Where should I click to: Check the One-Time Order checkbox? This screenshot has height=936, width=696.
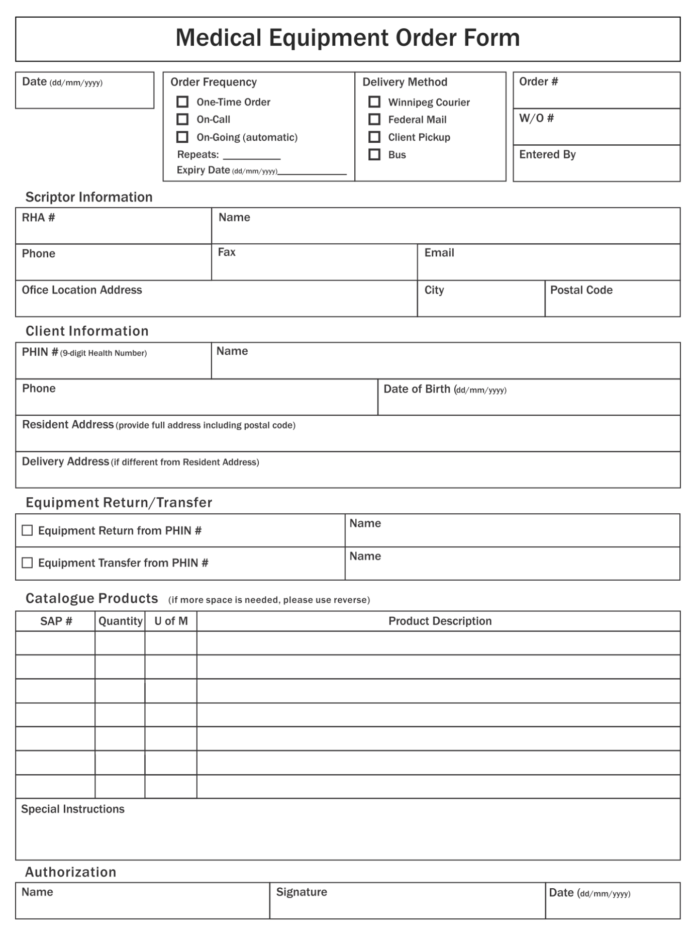click(x=182, y=102)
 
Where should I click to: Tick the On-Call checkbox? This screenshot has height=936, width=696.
click(x=182, y=120)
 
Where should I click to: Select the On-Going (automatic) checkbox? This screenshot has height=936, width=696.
click(x=182, y=137)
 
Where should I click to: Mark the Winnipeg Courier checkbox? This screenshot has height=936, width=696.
click(x=374, y=102)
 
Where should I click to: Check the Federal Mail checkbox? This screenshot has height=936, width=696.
click(x=374, y=120)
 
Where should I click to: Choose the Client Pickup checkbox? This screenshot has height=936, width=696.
click(x=374, y=137)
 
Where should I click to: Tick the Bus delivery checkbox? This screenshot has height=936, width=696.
click(x=374, y=155)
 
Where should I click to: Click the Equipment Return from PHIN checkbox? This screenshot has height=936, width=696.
click(x=27, y=531)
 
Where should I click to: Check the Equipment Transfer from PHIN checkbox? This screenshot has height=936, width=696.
click(x=27, y=563)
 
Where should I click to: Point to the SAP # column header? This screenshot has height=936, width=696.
click(x=56, y=621)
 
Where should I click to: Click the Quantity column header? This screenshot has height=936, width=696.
click(x=120, y=621)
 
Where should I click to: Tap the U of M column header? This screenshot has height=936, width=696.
click(x=171, y=621)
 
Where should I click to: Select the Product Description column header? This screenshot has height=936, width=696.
click(x=440, y=621)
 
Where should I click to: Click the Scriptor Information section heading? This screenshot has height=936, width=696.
click(x=89, y=197)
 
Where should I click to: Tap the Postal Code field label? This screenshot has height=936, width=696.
click(x=581, y=290)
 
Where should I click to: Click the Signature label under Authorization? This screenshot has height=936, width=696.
click(x=302, y=892)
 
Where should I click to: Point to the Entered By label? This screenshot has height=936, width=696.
click(x=547, y=155)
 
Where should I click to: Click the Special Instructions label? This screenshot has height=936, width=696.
click(x=73, y=809)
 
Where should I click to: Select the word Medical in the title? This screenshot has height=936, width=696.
click(x=219, y=38)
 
